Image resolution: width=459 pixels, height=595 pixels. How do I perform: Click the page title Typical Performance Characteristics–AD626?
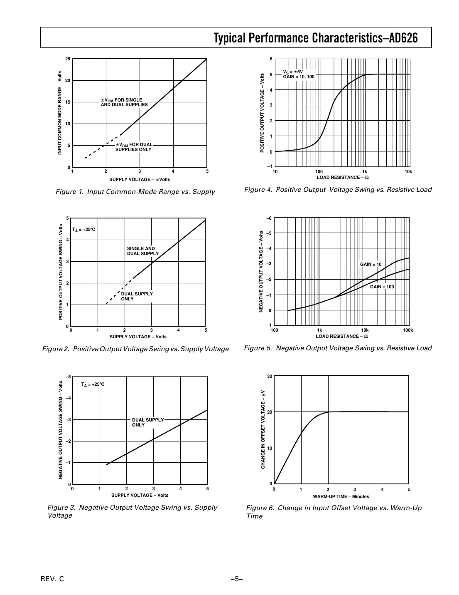(315, 38)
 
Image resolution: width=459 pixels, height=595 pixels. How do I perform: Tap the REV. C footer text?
(52, 579)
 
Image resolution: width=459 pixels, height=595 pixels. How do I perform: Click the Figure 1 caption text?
(135, 192)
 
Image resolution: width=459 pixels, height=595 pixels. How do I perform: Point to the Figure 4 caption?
(338, 190)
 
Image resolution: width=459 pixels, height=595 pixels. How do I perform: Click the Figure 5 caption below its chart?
(338, 348)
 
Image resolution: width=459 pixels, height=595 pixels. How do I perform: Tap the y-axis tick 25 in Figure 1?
(68, 59)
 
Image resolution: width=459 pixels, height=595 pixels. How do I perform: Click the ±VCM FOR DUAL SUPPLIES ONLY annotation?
(134, 147)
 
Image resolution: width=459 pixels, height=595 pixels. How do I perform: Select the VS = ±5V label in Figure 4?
(293, 72)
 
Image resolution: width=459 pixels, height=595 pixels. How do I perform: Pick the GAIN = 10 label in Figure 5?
(371, 265)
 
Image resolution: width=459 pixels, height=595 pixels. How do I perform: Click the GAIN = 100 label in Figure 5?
(382, 287)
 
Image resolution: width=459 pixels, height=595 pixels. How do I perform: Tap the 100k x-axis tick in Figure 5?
(408, 330)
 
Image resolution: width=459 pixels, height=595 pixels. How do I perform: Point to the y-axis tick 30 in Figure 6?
(270, 377)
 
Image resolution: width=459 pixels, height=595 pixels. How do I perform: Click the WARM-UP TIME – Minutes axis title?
(341, 496)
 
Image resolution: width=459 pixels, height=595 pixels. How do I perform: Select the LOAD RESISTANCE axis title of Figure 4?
(343, 178)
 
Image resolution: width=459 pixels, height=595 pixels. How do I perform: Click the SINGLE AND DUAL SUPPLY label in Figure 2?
(142, 251)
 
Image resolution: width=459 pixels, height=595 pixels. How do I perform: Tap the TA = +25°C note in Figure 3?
(93, 384)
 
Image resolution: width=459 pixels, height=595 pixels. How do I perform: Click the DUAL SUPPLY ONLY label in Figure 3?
(148, 422)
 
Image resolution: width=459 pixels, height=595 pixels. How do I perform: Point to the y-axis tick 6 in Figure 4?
(271, 59)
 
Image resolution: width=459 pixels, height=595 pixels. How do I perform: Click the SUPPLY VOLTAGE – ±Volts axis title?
(140, 180)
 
